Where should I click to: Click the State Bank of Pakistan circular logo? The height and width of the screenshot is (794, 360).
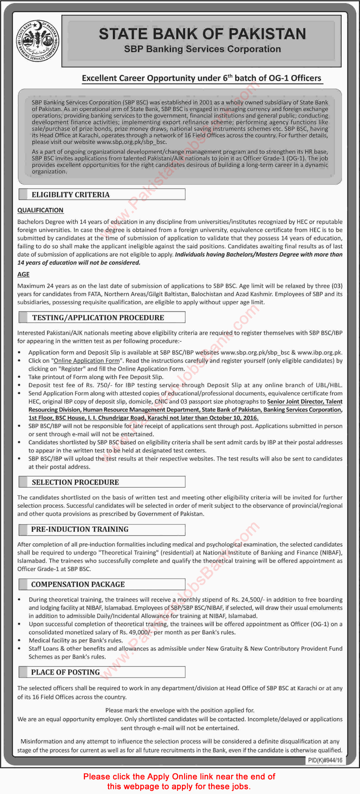tap(38, 41)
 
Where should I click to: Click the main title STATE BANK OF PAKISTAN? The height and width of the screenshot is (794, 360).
tap(202, 34)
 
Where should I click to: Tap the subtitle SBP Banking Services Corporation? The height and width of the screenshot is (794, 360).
tap(202, 49)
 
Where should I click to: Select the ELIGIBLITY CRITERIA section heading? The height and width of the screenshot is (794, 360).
tap(71, 195)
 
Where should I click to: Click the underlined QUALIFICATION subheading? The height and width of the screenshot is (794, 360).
tap(40, 210)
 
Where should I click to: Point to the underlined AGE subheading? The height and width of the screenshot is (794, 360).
tap(23, 274)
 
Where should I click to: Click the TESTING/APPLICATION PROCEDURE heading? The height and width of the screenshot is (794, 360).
tap(98, 318)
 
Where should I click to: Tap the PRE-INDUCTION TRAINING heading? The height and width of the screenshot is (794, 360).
tap(80, 529)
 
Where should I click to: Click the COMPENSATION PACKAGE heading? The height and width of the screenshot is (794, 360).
tap(78, 585)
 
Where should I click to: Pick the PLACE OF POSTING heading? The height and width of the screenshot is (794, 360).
tap(65, 673)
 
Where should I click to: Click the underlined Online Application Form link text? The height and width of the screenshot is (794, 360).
tap(87, 361)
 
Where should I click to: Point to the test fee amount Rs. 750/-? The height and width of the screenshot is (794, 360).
tap(96, 385)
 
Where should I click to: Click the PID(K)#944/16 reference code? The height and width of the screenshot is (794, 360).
tap(325, 760)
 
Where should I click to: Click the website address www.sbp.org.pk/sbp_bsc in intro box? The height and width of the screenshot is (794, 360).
tap(132, 142)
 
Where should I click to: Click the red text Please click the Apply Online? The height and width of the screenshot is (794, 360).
tap(179, 777)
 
